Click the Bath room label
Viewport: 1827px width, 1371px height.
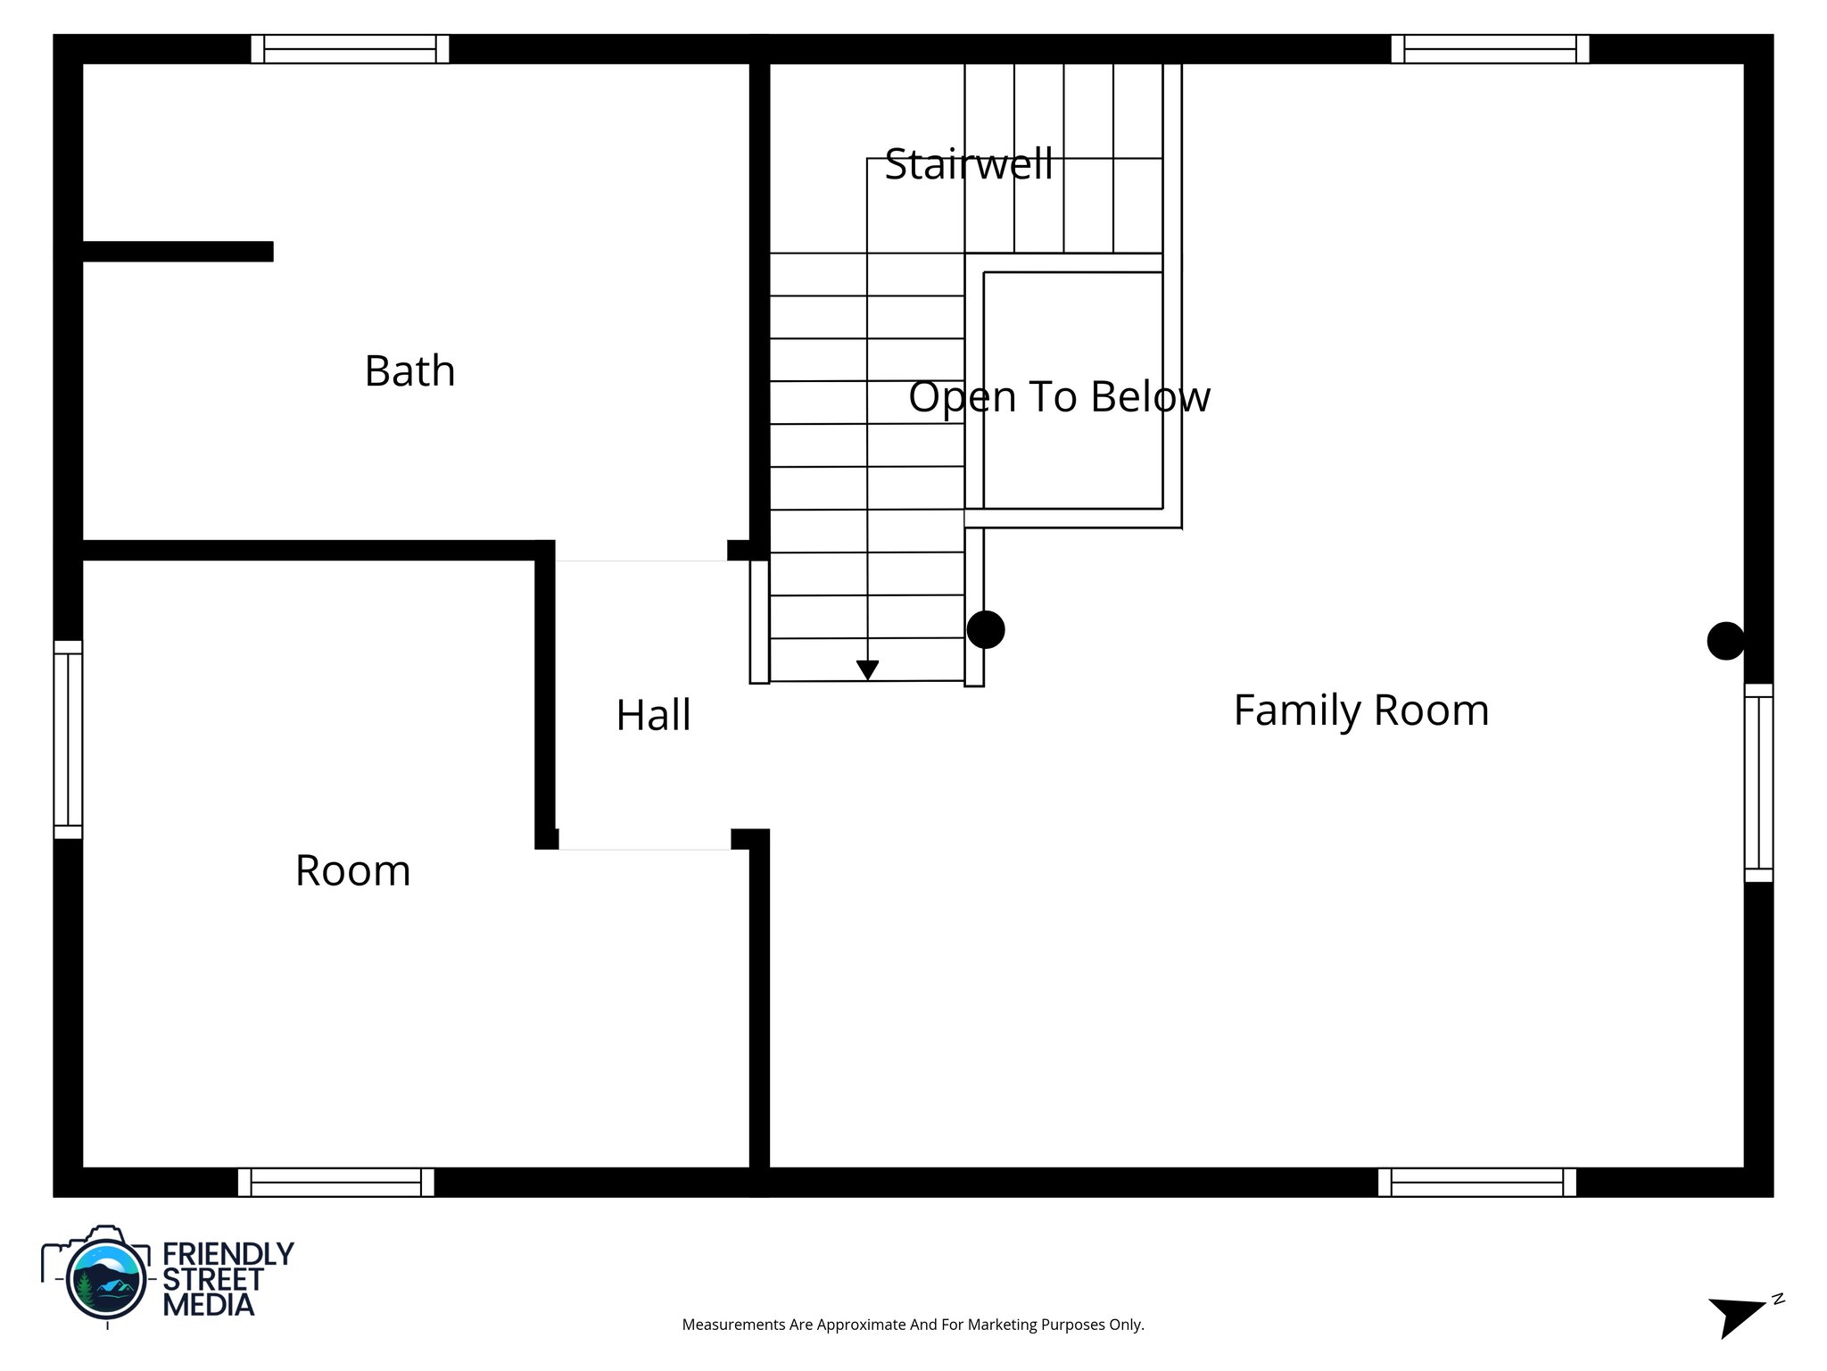coord(409,371)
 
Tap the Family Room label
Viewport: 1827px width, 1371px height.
coord(1360,710)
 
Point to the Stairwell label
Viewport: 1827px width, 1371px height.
coord(969,164)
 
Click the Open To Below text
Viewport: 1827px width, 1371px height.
coord(1059,397)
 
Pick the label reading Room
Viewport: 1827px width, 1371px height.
coord(352,871)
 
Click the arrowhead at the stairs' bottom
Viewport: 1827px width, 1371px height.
coord(867,669)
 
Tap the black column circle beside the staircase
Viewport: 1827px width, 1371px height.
coord(986,629)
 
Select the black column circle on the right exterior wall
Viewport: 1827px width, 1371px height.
coord(1725,641)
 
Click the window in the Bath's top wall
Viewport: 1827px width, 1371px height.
coord(350,49)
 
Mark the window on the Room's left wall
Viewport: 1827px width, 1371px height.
coord(68,739)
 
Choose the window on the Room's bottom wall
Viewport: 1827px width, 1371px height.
coord(336,1182)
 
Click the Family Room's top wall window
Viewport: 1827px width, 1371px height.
coord(1490,49)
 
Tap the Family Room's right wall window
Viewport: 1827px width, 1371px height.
coord(1758,782)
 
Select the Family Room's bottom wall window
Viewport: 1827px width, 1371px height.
coord(1476,1182)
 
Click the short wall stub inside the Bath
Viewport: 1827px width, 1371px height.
coord(178,252)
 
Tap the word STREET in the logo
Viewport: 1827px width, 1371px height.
coord(212,1280)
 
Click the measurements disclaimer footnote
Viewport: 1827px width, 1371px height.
coord(913,1325)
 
